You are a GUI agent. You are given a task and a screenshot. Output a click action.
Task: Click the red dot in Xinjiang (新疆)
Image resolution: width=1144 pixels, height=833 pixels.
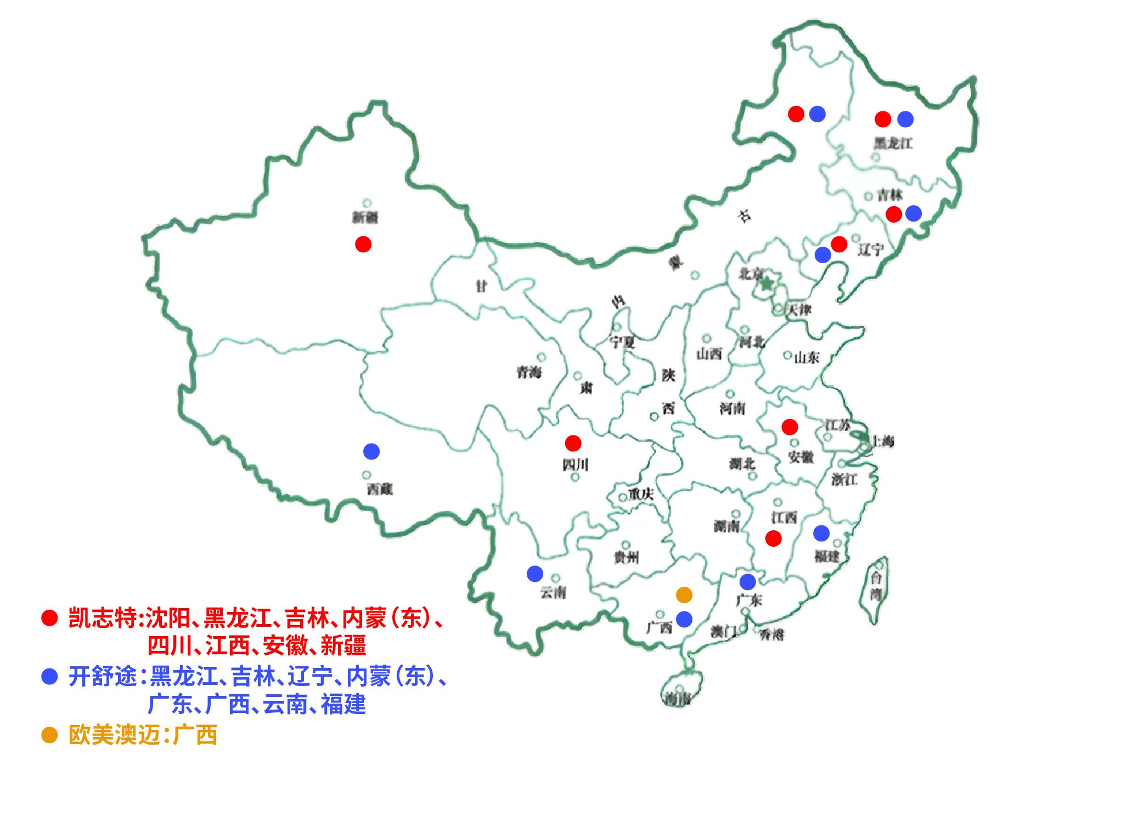click(x=363, y=244)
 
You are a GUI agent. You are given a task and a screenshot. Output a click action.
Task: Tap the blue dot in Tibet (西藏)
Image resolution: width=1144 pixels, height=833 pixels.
click(x=371, y=451)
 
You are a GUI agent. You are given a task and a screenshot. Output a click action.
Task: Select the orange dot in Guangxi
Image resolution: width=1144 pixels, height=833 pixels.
click(x=684, y=594)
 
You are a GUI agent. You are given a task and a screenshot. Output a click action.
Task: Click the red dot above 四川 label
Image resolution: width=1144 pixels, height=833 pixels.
click(x=573, y=443)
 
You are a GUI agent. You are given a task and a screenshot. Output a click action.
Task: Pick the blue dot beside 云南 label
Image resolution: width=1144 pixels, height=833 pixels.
click(x=535, y=574)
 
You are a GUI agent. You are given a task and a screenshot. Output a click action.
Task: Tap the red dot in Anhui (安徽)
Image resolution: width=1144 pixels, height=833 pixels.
click(x=790, y=427)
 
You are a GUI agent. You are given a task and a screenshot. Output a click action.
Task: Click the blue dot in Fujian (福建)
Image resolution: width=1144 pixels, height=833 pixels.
click(x=821, y=532)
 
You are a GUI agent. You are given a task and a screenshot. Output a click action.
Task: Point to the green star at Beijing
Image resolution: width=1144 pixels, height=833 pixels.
click(x=767, y=284)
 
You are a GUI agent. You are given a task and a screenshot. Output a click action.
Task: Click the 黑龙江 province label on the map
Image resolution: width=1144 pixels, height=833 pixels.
click(x=893, y=144)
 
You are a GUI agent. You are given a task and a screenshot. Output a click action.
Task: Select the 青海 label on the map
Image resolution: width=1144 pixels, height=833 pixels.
click(x=529, y=373)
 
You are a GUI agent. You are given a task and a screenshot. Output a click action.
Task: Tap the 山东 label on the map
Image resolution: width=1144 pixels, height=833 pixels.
click(x=807, y=358)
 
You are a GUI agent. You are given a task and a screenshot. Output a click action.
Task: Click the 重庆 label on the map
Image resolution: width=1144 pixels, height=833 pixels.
click(x=641, y=494)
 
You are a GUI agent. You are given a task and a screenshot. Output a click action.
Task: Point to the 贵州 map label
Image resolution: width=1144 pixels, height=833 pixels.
click(x=626, y=558)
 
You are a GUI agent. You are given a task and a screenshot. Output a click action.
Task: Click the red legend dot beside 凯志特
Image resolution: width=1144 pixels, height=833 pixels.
click(x=49, y=618)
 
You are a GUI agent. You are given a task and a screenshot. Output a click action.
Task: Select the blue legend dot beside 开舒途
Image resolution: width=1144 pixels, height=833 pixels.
click(x=49, y=676)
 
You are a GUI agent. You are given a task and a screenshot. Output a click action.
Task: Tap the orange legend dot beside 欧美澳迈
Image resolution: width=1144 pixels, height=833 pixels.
click(x=49, y=735)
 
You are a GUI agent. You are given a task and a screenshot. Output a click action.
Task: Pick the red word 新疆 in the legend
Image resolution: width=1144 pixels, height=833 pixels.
click(x=343, y=645)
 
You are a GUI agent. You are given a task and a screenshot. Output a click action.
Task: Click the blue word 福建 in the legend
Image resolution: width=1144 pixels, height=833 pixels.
click(x=343, y=704)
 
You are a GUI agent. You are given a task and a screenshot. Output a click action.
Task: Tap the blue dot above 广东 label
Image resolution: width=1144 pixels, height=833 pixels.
click(x=747, y=581)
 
